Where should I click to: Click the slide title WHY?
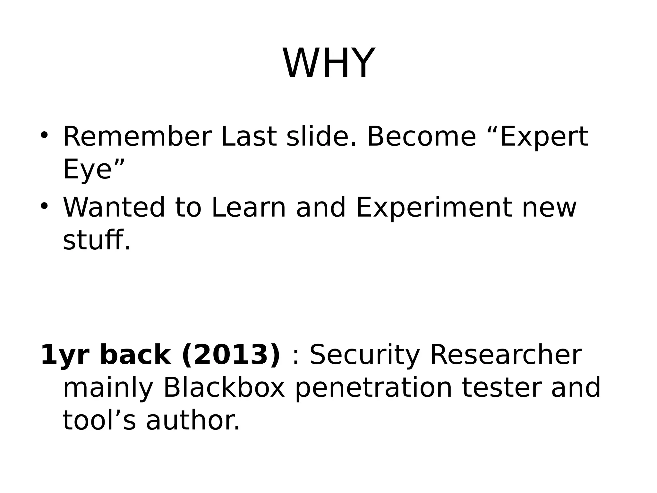tap(328, 63)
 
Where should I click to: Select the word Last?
tap(249, 137)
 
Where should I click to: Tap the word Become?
tap(421, 137)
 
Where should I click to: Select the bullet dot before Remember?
tap(44, 134)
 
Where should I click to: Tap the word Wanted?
tap(114, 207)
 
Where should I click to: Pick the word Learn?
tap(249, 207)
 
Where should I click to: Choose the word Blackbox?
tap(224, 388)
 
